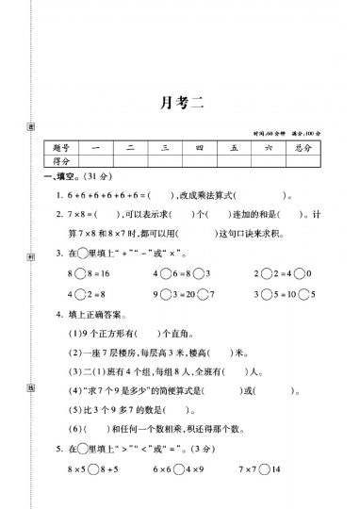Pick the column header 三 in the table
point(164,148)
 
